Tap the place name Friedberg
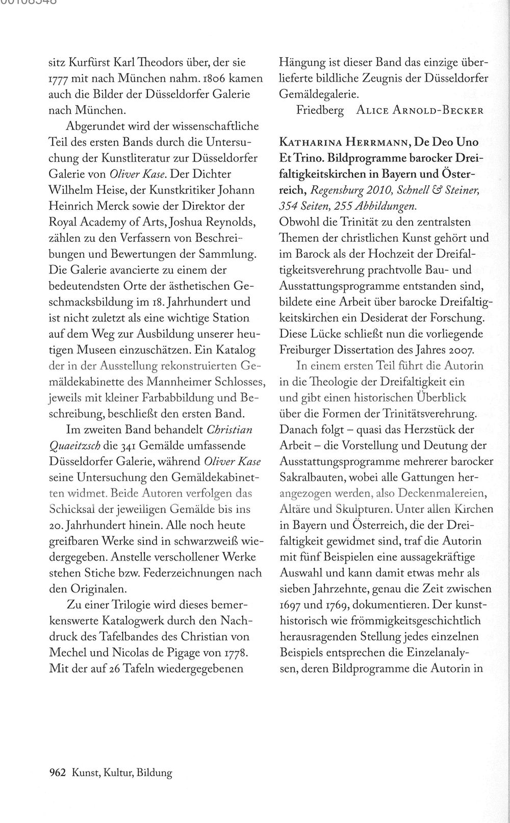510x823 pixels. (x=320, y=111)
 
